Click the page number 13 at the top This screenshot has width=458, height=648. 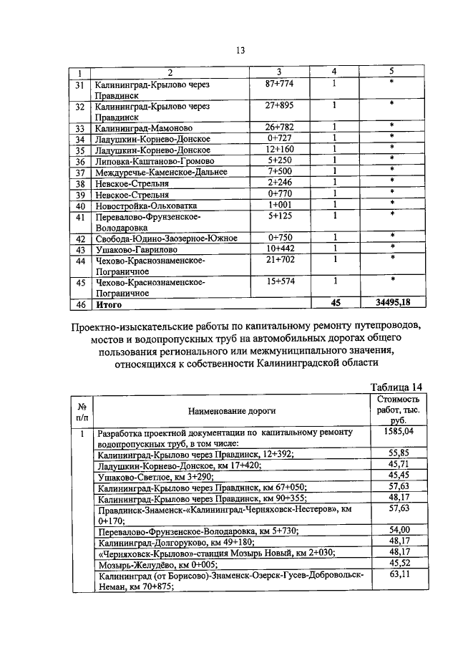tap(240, 49)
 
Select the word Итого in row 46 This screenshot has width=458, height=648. tap(109, 304)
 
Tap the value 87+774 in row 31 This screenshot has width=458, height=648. tap(279, 83)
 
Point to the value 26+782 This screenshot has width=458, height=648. tap(279, 127)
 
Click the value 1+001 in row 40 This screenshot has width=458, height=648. tap(279, 205)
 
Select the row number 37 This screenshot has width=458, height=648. tap(81, 172)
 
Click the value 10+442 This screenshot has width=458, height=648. tap(279, 248)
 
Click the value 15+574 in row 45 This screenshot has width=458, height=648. tap(279, 282)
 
